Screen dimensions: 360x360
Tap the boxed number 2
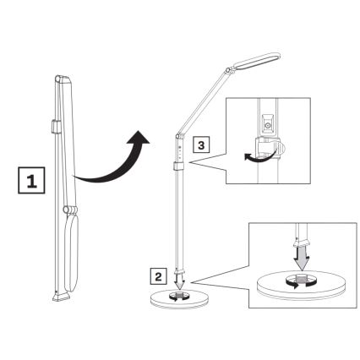[x=158, y=275]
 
